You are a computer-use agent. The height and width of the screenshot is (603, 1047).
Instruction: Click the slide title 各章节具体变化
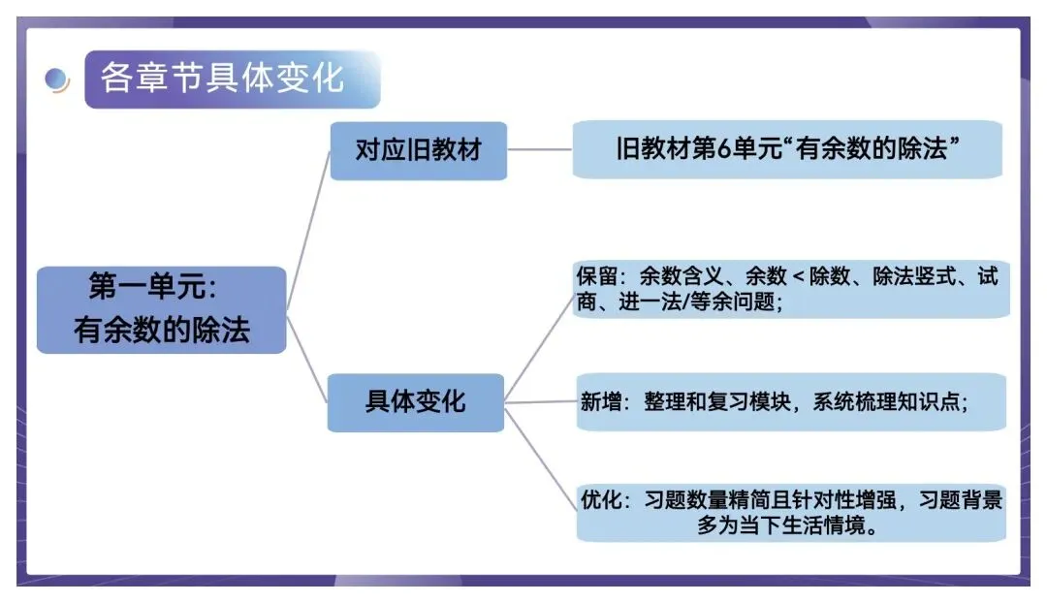click(222, 79)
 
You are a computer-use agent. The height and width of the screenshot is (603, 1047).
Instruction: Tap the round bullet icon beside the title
click(57, 79)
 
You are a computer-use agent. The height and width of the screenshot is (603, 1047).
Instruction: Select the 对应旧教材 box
click(418, 150)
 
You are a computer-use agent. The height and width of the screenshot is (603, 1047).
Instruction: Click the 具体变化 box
click(416, 401)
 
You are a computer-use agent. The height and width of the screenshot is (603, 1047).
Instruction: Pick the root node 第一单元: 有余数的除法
click(161, 309)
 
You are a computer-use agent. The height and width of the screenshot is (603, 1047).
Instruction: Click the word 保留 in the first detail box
click(596, 277)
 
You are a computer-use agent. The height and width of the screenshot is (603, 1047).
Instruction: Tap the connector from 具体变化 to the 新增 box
click(540, 401)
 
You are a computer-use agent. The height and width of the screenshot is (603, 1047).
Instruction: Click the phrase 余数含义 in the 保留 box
click(675, 277)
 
